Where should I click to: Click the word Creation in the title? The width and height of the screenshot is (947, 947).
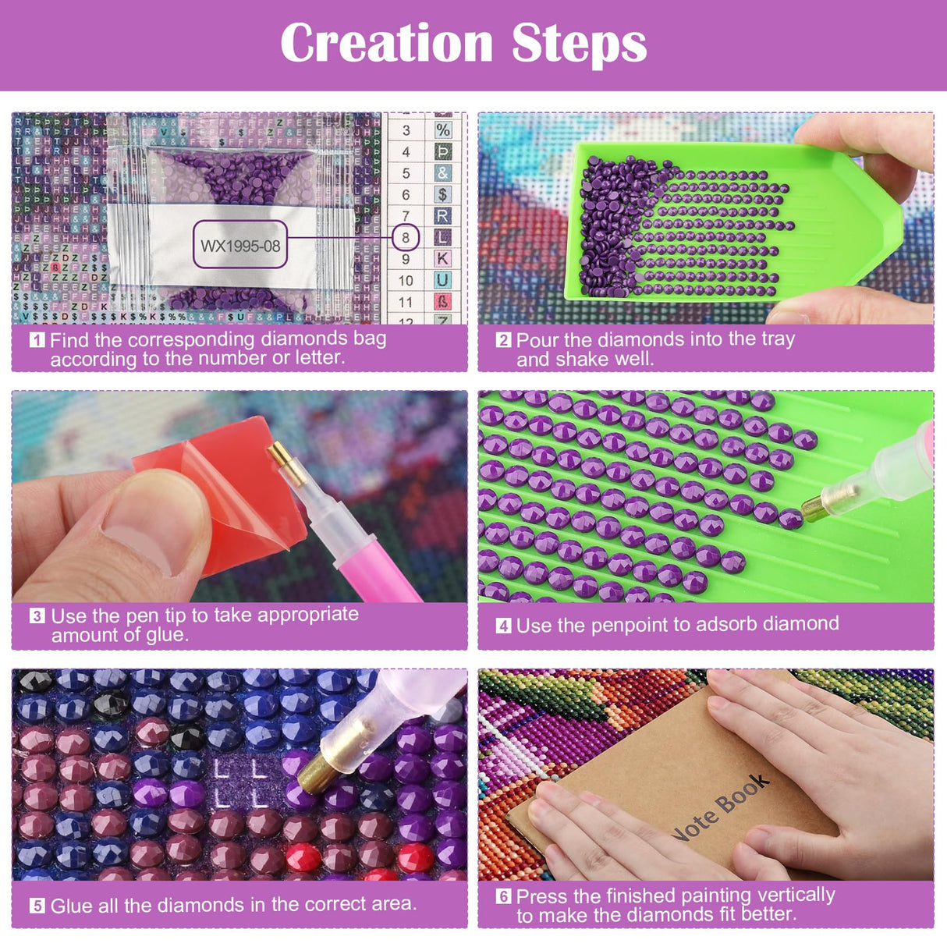click(387, 43)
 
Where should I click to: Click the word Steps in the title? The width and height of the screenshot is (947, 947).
click(580, 44)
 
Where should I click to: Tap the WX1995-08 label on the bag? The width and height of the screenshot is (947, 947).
click(240, 246)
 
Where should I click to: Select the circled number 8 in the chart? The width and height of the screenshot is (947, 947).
click(406, 237)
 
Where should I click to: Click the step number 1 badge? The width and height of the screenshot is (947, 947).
click(37, 340)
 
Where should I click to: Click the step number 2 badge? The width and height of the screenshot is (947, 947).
click(503, 340)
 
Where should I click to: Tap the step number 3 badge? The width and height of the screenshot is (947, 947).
click(37, 615)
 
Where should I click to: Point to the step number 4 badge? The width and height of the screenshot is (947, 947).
click(503, 626)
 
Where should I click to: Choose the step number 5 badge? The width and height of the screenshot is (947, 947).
click(37, 906)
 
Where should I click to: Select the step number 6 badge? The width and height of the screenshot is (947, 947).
click(503, 896)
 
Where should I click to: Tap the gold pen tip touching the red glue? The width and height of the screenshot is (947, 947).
click(278, 455)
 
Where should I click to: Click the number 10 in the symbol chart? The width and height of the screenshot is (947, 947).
click(406, 280)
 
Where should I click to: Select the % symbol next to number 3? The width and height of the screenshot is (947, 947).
click(442, 130)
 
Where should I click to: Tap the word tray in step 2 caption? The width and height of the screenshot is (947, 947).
click(776, 339)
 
